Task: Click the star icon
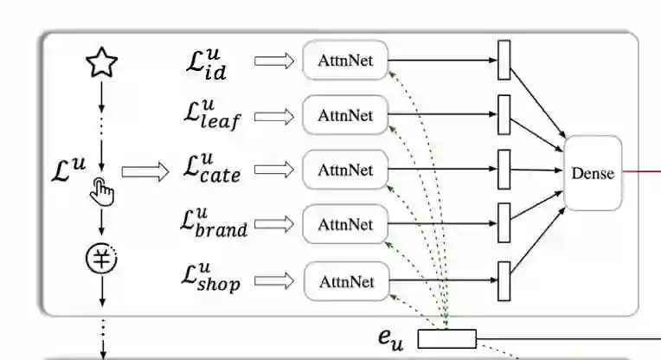tap(102, 62)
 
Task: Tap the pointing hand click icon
tap(103, 191)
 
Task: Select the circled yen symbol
tap(102, 257)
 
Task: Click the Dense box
tap(593, 173)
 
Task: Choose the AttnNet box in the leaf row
tap(345, 115)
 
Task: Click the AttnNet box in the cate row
tap(345, 170)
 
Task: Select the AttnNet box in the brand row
tap(345, 225)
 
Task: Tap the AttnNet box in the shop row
tap(346, 281)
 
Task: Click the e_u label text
tap(391, 338)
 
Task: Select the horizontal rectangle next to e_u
tap(447, 338)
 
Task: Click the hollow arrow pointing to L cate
tap(145, 171)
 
